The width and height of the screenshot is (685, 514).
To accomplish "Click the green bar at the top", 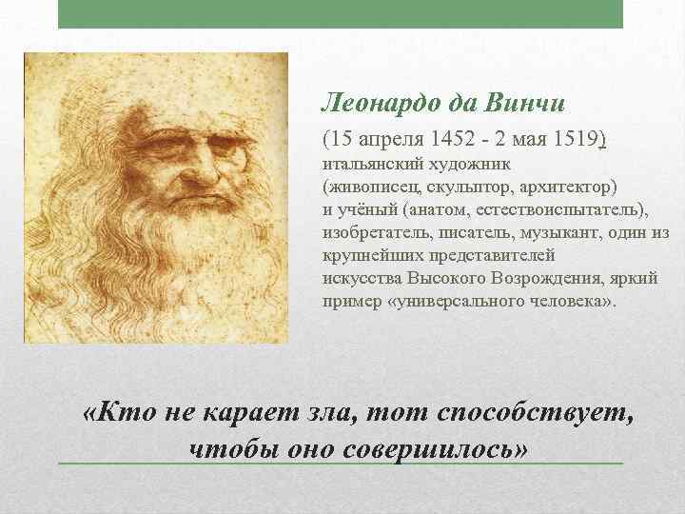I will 341,14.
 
